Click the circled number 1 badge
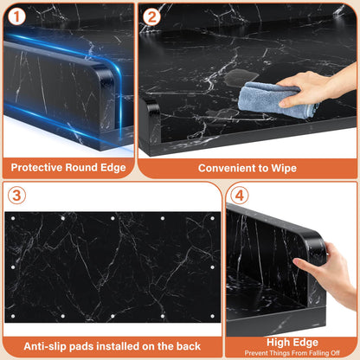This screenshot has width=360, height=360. click(x=16, y=16)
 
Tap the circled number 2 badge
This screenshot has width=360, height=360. click(x=151, y=16)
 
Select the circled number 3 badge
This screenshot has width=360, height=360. click(x=16, y=195)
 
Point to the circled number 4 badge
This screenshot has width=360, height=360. click(x=240, y=196)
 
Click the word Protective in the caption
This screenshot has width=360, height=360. click(x=36, y=168)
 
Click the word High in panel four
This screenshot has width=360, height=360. click(x=276, y=343)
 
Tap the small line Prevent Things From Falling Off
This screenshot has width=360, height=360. click(x=292, y=353)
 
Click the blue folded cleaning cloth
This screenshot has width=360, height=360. click(x=276, y=100)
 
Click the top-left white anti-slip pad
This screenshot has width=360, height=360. click(x=13, y=218)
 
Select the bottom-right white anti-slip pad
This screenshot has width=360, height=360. click(x=213, y=316)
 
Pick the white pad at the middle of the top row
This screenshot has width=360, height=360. click(x=112, y=218)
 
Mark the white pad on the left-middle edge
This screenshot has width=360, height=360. click(x=13, y=267)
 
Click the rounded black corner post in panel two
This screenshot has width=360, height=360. click(x=150, y=121)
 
